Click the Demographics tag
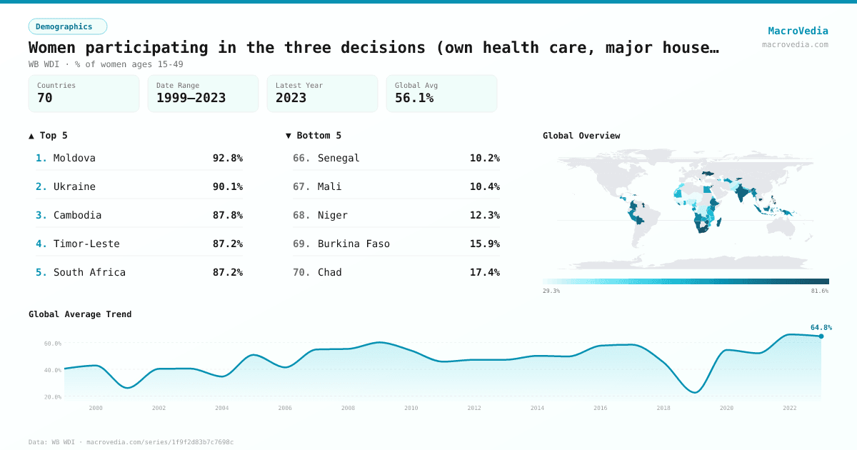pyautogui.click(x=67, y=26)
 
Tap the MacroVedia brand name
pyautogui.click(x=798, y=31)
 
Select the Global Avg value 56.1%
pyautogui.click(x=414, y=98)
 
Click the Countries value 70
pyautogui.click(x=45, y=98)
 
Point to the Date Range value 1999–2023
pyautogui.click(x=191, y=98)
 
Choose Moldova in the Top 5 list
pyautogui.click(x=74, y=158)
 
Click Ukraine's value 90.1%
pyautogui.click(x=227, y=186)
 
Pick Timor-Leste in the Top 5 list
pyautogui.click(x=86, y=244)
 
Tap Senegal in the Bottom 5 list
pyautogui.click(x=339, y=158)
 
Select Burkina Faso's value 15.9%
pyautogui.click(x=484, y=244)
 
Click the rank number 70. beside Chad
pyautogui.click(x=301, y=272)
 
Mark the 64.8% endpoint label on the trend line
pyautogui.click(x=821, y=327)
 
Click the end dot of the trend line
pyautogui.click(x=821, y=336)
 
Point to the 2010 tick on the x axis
pyautogui.click(x=411, y=408)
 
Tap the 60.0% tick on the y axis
pyautogui.click(x=52, y=344)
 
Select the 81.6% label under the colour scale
pyautogui.click(x=819, y=291)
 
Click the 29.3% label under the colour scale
pyautogui.click(x=551, y=291)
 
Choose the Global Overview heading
pyautogui.click(x=581, y=136)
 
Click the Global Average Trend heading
pyautogui.click(x=80, y=314)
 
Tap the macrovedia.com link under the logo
pyautogui.click(x=795, y=44)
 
